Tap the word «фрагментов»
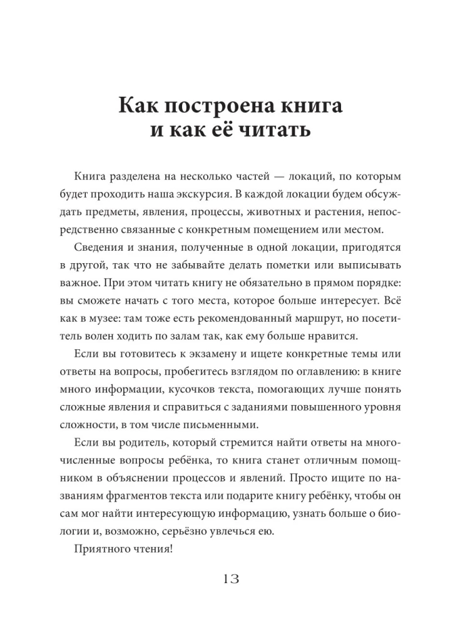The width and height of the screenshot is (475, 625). [143, 496]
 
